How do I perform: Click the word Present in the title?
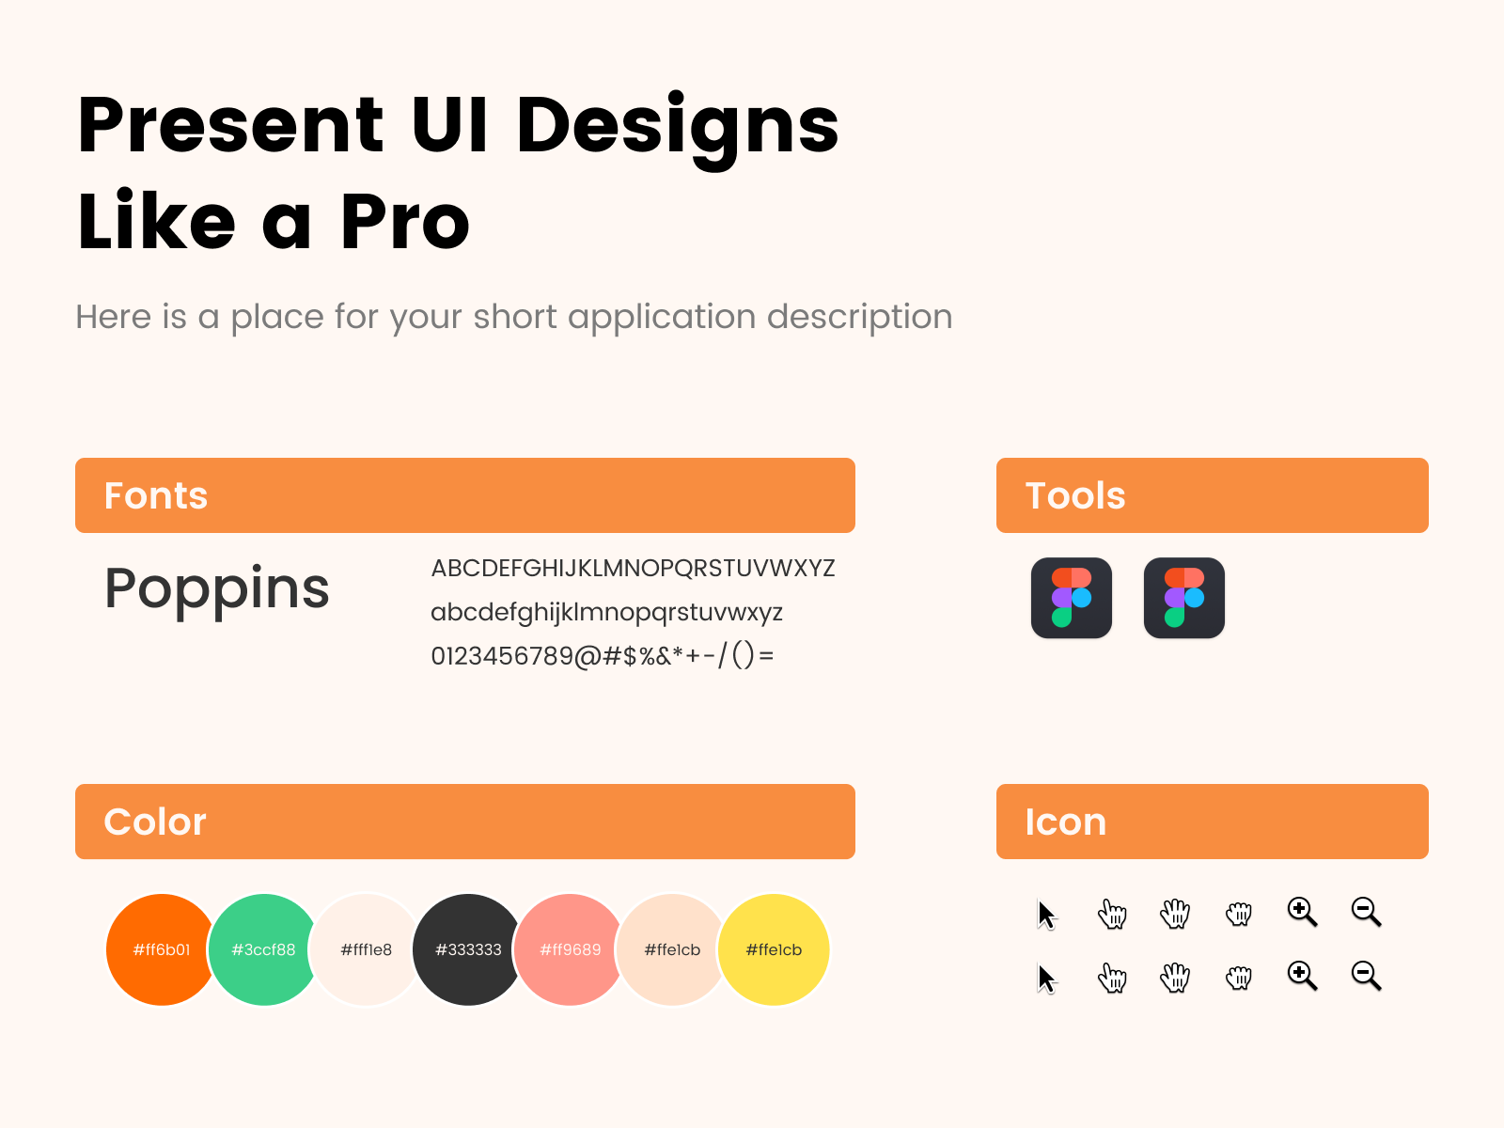[x=230, y=125]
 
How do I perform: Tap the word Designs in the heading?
[x=677, y=130]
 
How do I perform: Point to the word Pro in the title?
[x=405, y=222]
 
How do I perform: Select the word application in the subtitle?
[x=661, y=317]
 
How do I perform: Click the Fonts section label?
[x=155, y=495]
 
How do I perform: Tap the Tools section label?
[x=1075, y=495]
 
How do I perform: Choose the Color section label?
[x=155, y=822]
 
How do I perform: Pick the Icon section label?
[x=1065, y=822]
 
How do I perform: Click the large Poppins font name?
[x=216, y=589]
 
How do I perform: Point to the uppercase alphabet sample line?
[x=633, y=568]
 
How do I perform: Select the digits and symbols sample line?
[x=603, y=655]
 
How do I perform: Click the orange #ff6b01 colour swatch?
[x=162, y=949]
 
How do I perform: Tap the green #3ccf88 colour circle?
[x=263, y=949]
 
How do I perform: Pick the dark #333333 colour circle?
[x=468, y=949]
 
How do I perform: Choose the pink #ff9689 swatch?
[x=570, y=949]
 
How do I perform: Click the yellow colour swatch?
[x=774, y=949]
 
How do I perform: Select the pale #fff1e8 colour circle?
[x=366, y=949]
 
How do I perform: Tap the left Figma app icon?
[x=1071, y=598]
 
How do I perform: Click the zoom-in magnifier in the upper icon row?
[x=1302, y=912]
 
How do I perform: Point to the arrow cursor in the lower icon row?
[x=1046, y=978]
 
